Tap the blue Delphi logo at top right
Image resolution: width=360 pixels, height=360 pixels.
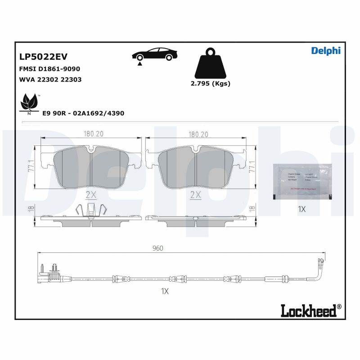(x=326, y=50)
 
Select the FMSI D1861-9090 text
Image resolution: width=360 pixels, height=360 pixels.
(x=49, y=69)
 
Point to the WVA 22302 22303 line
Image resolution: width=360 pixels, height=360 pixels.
(x=50, y=79)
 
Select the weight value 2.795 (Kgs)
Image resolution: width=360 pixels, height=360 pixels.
(x=211, y=84)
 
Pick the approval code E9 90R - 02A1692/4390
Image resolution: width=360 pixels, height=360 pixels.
(x=83, y=113)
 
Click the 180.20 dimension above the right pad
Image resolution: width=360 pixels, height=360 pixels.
(x=198, y=134)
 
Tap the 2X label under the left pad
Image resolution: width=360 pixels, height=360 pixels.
(x=91, y=194)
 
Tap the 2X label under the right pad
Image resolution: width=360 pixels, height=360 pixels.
(x=196, y=194)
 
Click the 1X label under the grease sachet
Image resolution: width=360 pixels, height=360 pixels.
(x=302, y=209)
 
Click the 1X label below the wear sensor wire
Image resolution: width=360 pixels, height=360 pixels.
(x=165, y=291)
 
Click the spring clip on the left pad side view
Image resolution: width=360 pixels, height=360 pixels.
(x=91, y=209)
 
